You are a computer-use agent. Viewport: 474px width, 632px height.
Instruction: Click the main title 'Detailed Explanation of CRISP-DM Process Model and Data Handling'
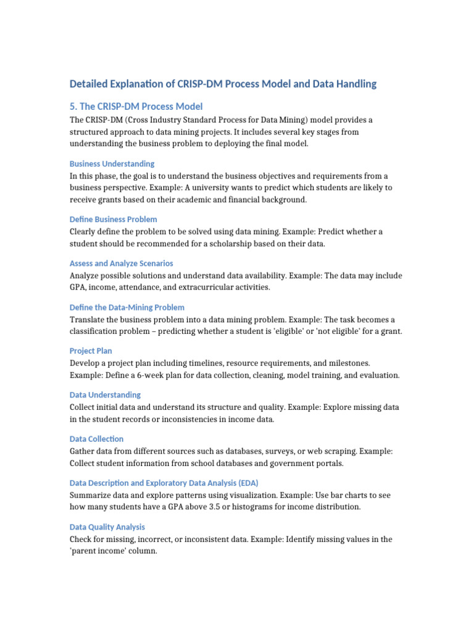pos(223,83)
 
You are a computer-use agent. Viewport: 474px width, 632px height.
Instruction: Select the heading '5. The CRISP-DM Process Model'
pos(136,106)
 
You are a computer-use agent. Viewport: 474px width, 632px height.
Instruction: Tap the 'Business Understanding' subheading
pos(112,164)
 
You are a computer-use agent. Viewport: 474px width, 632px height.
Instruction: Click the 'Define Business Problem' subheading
pos(113,219)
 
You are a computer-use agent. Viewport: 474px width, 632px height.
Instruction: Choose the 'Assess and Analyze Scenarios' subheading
pos(121,263)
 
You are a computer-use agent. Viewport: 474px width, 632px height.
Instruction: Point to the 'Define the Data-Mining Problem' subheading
pos(127,307)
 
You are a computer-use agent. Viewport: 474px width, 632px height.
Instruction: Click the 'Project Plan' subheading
pos(91,351)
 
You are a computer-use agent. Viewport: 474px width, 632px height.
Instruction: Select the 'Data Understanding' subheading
pos(105,394)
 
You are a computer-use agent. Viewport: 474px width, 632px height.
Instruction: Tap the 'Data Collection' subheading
pos(96,439)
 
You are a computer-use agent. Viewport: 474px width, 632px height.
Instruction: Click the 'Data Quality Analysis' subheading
pos(107,526)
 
